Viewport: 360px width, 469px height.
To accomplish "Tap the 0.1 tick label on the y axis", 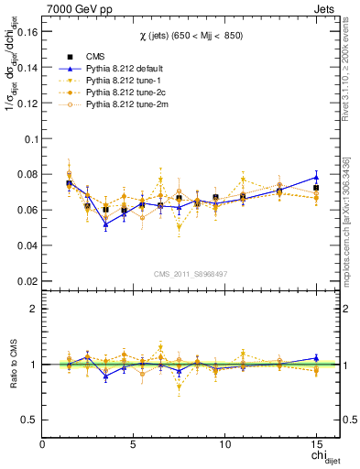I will click(32, 138).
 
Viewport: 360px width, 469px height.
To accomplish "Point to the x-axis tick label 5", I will click(134, 444).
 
